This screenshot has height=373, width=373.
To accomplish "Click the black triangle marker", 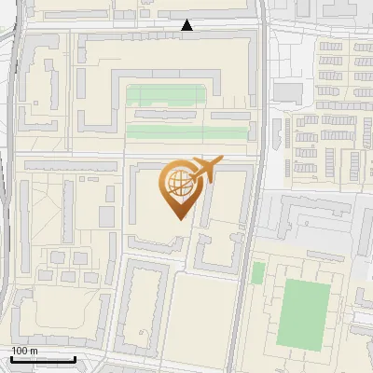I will [x=187, y=25].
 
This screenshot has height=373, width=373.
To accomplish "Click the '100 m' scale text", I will [x=24, y=351].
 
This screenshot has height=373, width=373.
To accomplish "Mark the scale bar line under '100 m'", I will [x=43, y=359].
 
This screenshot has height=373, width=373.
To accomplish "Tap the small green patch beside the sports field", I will [x=258, y=272].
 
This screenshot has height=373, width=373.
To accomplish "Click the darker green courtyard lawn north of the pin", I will [x=165, y=95].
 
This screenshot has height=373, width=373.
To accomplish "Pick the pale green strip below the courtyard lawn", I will [x=186, y=131].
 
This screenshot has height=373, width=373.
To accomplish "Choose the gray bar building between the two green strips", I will [x=177, y=115].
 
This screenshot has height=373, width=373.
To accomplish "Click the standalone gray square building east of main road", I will [x=288, y=92].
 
